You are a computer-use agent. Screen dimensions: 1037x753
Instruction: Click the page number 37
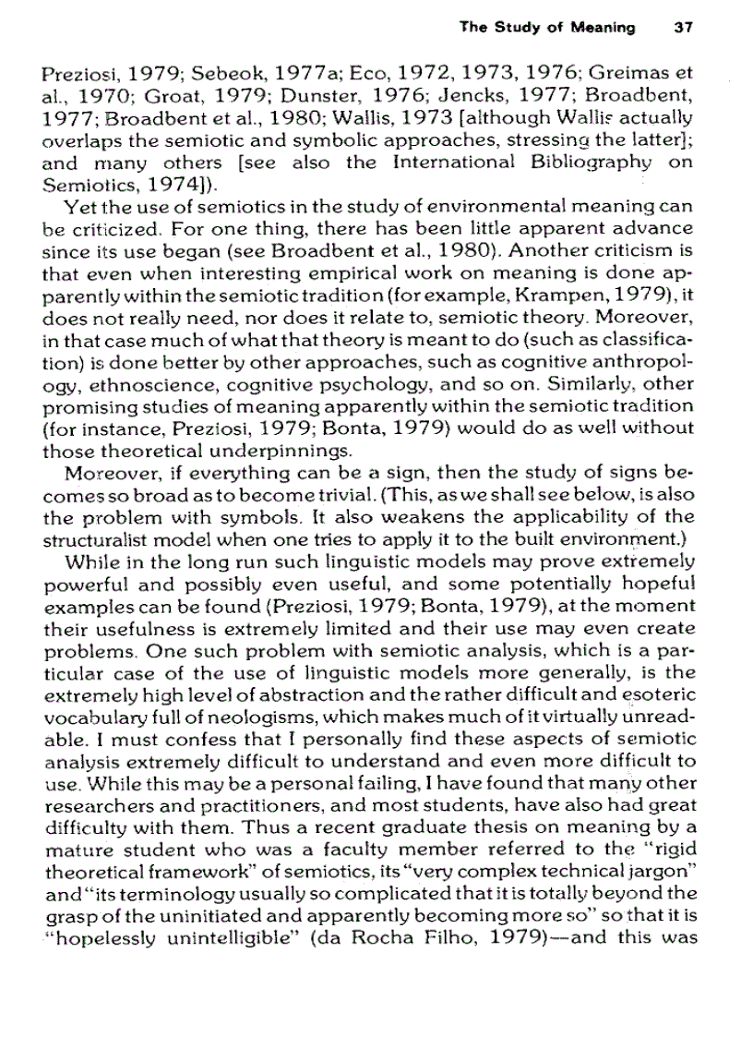(x=684, y=28)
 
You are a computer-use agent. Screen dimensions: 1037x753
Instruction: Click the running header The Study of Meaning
(x=547, y=28)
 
